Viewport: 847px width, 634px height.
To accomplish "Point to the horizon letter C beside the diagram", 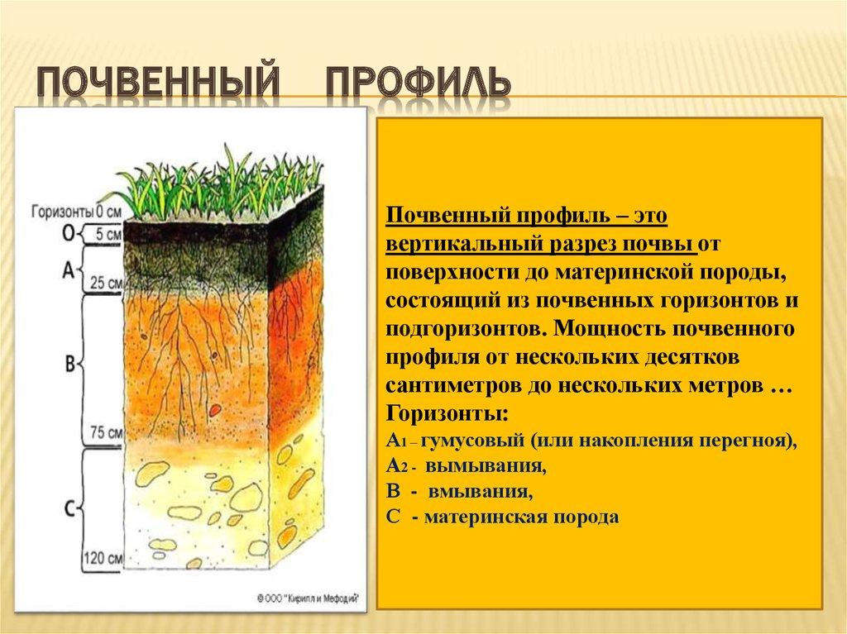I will tap(69, 504).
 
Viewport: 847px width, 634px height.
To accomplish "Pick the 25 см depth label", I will tap(107, 282).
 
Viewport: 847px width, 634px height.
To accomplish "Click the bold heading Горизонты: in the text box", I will tap(447, 414).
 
